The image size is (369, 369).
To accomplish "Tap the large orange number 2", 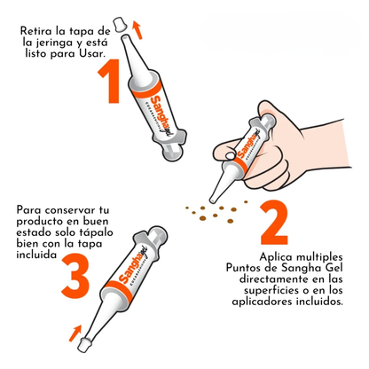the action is (x=274, y=222).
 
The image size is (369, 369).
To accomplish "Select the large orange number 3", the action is (x=75, y=276).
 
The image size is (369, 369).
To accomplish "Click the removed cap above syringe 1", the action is (x=121, y=25).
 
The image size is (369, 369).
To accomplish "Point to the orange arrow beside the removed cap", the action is (x=137, y=29).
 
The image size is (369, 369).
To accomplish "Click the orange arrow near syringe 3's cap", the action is (x=75, y=334).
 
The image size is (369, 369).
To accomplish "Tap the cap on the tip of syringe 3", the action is (x=84, y=345).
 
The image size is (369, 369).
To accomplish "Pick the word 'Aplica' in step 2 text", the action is (x=276, y=257).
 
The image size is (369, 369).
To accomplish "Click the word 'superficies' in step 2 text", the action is (x=271, y=291).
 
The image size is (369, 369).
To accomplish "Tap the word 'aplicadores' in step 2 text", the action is (x=261, y=302).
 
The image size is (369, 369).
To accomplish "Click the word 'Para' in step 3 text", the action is (x=28, y=210).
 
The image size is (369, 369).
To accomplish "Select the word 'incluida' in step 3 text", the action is (x=36, y=255).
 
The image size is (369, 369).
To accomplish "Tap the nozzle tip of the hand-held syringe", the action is (x=212, y=201).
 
